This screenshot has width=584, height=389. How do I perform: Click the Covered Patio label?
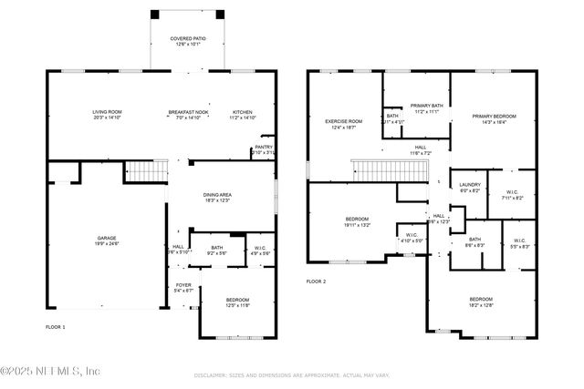point(187,39)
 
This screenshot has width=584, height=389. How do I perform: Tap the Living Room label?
point(107,112)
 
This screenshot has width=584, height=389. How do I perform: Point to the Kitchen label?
point(242,112)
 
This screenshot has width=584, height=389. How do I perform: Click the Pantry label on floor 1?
point(264,147)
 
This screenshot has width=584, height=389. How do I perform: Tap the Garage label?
point(107,239)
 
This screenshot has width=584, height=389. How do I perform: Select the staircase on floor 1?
point(146,169)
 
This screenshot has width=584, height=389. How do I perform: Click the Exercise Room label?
point(344,121)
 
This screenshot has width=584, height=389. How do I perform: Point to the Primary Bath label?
point(426,106)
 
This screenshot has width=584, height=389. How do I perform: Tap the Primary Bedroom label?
point(494,116)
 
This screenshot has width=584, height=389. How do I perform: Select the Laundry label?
point(470,184)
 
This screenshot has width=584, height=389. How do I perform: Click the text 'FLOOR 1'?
point(56,326)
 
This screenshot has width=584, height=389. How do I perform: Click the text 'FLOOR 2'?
point(316,282)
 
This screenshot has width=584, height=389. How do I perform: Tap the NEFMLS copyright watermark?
point(50,371)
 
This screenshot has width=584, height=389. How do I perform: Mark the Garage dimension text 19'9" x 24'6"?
point(107,244)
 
